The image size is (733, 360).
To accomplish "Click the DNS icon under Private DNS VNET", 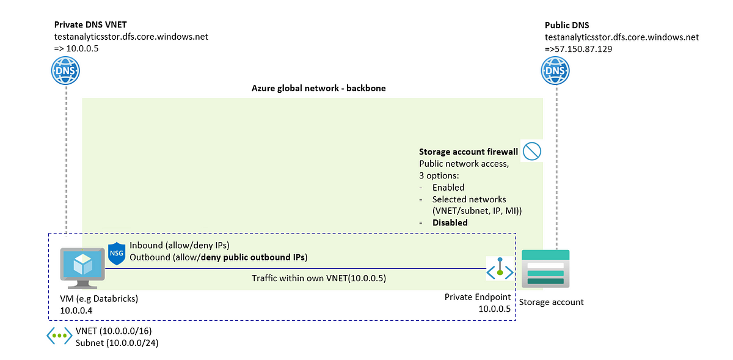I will (65, 71).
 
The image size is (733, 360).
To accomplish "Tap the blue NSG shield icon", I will (117, 253).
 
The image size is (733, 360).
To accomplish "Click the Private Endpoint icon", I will (500, 269).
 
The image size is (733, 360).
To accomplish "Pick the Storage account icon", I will (545, 268).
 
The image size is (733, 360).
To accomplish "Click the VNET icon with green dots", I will (60, 336).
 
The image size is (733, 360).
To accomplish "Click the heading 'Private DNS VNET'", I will (90, 25).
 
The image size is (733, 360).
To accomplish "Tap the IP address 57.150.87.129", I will (582, 48).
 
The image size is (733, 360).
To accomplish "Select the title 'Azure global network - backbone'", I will (319, 89).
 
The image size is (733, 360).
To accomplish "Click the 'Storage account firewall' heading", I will (467, 152).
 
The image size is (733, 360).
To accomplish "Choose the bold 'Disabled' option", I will (450, 222).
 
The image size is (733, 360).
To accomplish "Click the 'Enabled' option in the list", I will (448, 188).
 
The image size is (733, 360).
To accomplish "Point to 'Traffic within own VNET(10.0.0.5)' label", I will (319, 278).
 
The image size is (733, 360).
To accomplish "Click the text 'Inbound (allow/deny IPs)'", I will (179, 245).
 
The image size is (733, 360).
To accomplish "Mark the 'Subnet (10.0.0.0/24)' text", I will (114, 343).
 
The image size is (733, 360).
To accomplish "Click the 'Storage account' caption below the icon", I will (551, 302).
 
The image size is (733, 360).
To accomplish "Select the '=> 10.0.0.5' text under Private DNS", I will (76, 48).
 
